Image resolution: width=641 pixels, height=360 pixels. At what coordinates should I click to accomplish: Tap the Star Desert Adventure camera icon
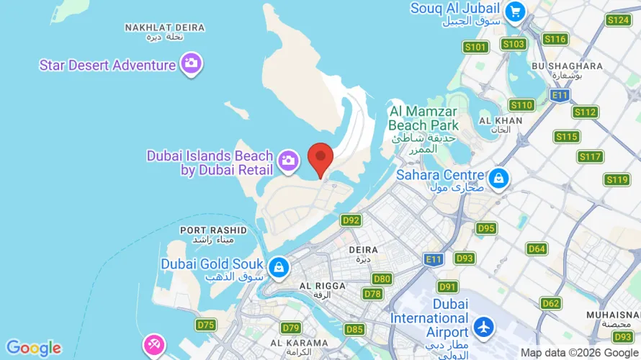[191, 63]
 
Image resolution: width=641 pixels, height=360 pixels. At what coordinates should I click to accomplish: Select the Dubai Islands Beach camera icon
[289, 162]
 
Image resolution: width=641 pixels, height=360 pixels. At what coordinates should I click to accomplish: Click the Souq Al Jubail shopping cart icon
[514, 11]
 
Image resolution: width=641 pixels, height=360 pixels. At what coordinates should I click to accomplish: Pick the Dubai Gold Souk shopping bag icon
[278, 267]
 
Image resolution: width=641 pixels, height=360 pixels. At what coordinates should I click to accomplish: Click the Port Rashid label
[213, 234]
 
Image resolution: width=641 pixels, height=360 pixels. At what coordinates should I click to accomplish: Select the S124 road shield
[618, 19]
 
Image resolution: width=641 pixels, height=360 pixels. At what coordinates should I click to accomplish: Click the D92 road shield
[351, 220]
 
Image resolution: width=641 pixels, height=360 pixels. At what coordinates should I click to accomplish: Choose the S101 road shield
[475, 47]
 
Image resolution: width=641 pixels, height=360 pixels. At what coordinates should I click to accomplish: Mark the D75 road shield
[206, 325]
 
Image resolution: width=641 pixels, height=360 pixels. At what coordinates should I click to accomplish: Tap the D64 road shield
[537, 248]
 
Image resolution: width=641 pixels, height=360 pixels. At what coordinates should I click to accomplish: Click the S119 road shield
[617, 179]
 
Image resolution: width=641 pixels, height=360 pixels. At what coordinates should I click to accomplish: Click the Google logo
[34, 348]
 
